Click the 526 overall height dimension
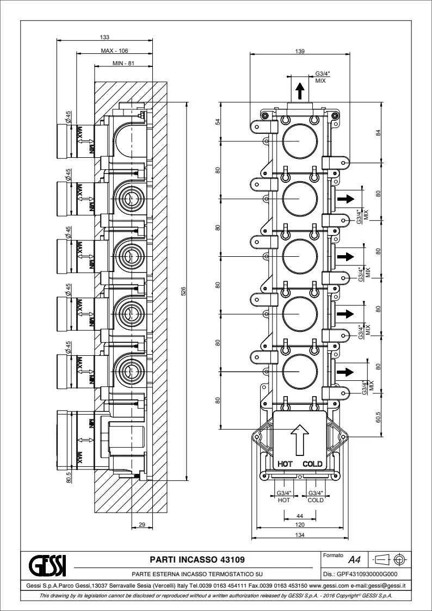pos(183,293)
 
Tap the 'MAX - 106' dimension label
pos(114,51)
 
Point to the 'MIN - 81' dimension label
pos(123,64)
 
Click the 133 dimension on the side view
pos(105,37)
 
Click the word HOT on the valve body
pos(286,464)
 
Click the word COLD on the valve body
pos(313,464)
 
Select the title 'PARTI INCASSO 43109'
pos(197,559)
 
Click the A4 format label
pos(354,559)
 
